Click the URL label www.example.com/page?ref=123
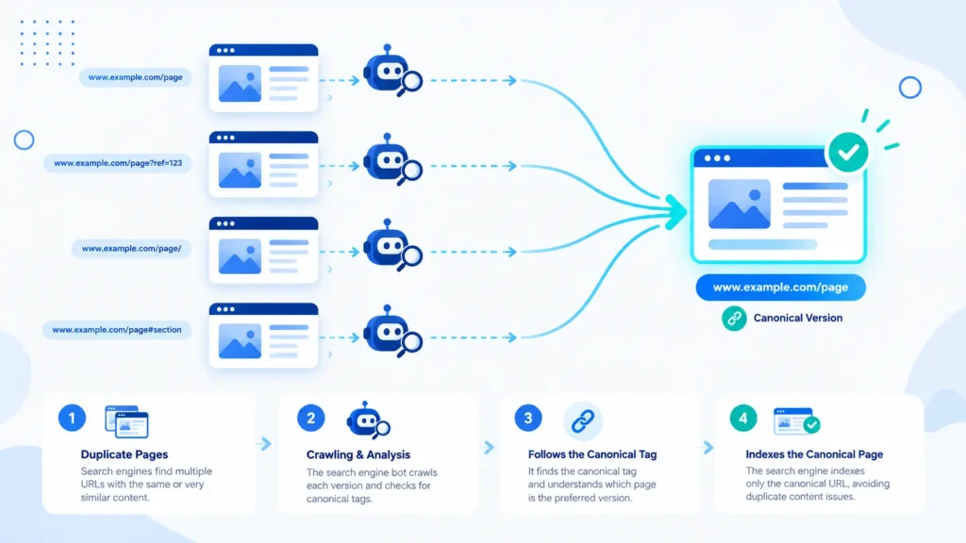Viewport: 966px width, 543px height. pyautogui.click(x=118, y=163)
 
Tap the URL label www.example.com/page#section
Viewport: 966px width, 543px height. pyautogui.click(x=117, y=330)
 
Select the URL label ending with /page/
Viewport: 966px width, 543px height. pyautogui.click(x=131, y=249)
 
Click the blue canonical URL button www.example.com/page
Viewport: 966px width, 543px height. pyautogui.click(x=780, y=288)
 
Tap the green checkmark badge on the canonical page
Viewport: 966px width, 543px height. pyautogui.click(x=848, y=152)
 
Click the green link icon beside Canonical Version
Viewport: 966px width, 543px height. pyautogui.click(x=734, y=319)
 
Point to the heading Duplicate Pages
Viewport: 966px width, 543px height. pyautogui.click(x=125, y=454)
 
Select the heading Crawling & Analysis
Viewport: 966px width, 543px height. pyautogui.click(x=358, y=455)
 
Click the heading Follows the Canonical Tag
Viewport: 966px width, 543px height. pyautogui.click(x=592, y=454)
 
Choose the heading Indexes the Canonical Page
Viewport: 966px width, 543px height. pyautogui.click(x=814, y=454)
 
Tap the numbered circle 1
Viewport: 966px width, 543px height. pyautogui.click(x=72, y=418)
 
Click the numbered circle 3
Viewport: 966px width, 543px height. pyautogui.click(x=528, y=418)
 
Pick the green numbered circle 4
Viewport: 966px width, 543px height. pyautogui.click(x=743, y=418)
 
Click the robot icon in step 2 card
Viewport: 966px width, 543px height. pyautogui.click(x=368, y=420)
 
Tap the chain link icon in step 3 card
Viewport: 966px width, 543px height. pyautogui.click(x=583, y=421)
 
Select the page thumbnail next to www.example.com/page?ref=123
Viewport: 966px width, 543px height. pyautogui.click(x=264, y=164)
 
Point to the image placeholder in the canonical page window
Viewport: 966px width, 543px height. pyautogui.click(x=739, y=204)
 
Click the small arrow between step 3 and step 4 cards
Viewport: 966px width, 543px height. pyautogui.click(x=708, y=447)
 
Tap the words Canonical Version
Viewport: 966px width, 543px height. pyautogui.click(x=798, y=319)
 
